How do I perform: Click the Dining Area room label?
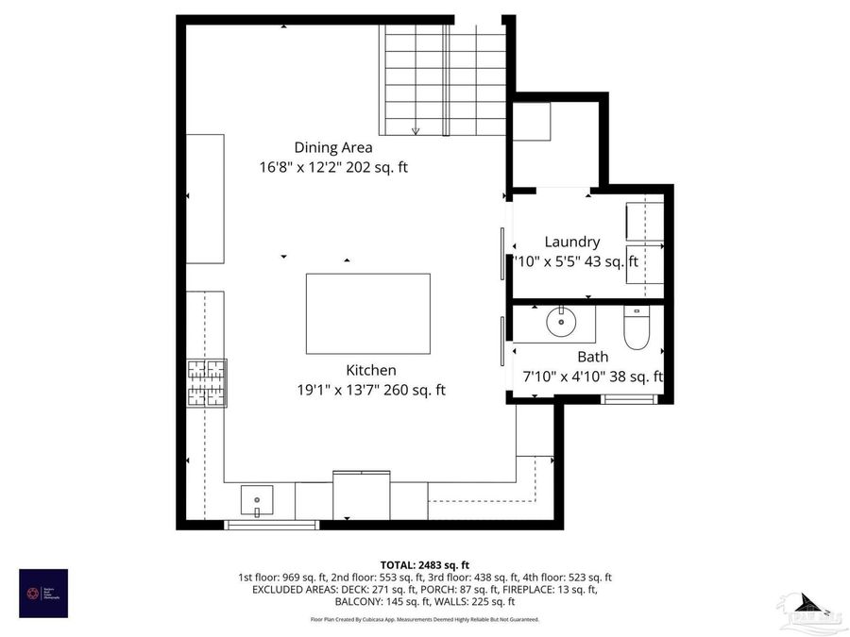coord(332,147)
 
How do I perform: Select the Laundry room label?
coord(571,242)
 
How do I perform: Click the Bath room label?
coord(592,357)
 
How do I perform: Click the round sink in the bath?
coord(562,322)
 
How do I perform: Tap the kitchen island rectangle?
coord(367,313)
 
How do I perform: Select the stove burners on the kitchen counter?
coord(206,383)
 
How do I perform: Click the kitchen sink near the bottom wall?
coord(256,497)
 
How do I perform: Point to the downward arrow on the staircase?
coord(415,130)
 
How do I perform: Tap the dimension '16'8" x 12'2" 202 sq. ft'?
coord(333,168)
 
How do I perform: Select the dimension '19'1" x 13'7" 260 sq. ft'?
coord(370,390)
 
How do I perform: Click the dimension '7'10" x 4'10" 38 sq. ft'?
coord(592,377)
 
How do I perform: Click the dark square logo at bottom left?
coord(43,594)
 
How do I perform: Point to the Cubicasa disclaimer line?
coord(424,619)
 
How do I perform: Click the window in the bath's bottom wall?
coord(631,398)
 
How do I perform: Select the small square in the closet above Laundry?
coord(531,120)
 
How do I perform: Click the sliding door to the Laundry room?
coord(501,254)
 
